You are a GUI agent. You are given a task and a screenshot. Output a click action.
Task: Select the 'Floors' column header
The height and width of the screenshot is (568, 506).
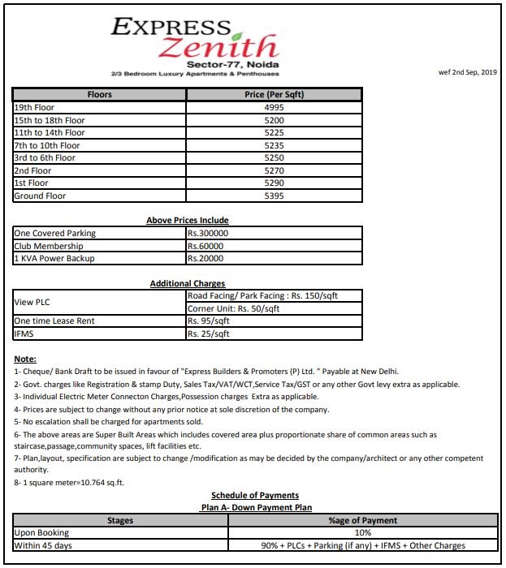[99, 95]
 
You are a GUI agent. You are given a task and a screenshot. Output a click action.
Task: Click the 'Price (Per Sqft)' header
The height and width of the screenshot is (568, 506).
[274, 95]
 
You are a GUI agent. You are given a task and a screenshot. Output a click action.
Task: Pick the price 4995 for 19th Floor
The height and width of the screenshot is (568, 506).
[274, 108]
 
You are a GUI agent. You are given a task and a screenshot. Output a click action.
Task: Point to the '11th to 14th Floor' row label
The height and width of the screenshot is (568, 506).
[50, 133]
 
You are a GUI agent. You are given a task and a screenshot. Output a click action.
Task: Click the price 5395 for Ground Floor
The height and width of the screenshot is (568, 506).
[274, 196]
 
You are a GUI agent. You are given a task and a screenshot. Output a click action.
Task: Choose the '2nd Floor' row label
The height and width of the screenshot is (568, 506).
[32, 171]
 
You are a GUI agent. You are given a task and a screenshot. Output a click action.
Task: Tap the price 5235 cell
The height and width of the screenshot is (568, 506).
[274, 146]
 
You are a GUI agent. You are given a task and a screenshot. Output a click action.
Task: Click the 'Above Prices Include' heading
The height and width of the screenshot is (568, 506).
[187, 220]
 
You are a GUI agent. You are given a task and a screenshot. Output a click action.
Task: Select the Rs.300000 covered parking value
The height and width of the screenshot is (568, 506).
[207, 234]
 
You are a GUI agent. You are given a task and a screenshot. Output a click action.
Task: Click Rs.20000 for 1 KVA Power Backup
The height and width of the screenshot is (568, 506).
[205, 259]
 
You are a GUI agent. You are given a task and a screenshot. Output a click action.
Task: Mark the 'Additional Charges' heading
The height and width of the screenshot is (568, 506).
[187, 283]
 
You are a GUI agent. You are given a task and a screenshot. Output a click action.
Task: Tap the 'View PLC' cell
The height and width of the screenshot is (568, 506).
[32, 303]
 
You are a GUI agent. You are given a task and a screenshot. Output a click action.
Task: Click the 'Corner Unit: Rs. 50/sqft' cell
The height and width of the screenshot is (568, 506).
[233, 309]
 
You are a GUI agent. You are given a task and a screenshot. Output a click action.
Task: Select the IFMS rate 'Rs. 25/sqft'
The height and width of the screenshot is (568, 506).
[209, 334]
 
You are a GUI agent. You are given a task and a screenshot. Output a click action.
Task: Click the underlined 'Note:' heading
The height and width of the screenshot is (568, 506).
[25, 359]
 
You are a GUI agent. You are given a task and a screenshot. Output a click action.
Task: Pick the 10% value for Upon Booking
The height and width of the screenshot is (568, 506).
[362, 533]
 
